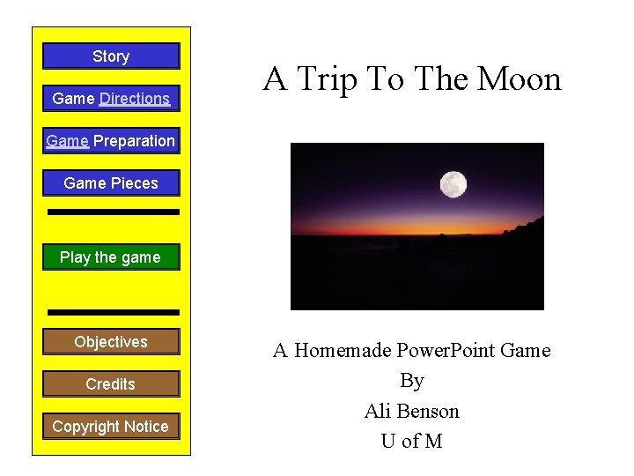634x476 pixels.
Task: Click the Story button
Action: click(111, 56)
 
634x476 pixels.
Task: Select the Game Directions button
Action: click(111, 99)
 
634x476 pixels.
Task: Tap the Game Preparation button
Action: click(111, 141)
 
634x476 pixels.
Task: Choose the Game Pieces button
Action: click(111, 183)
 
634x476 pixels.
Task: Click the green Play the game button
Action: click(111, 257)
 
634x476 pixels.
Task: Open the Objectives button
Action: click(111, 342)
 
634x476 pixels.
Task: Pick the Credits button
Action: click(111, 384)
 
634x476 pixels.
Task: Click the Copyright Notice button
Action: click(111, 427)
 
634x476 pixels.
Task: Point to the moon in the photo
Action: click(453, 184)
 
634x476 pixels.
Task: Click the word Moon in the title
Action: click(519, 79)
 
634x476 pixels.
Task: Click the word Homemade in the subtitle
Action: click(343, 351)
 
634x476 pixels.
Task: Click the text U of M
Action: click(411, 442)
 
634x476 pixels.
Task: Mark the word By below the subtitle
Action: click(411, 381)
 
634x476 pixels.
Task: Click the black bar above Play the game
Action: click(113, 212)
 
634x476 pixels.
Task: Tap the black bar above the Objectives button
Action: click(113, 312)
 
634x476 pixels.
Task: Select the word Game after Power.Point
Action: click(525, 351)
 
